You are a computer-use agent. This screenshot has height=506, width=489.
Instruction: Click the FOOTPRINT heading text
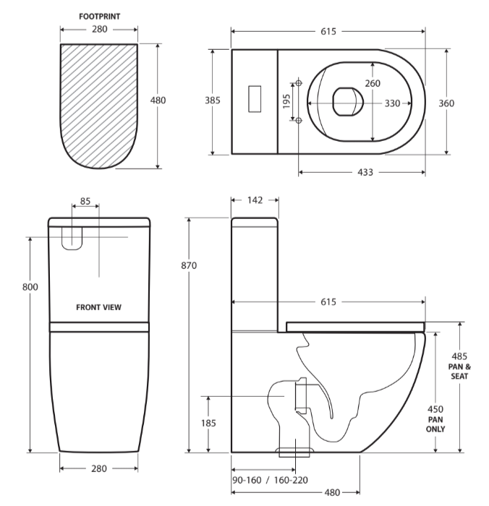coord(98,14)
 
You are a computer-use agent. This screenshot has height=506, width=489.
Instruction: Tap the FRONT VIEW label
coord(99,307)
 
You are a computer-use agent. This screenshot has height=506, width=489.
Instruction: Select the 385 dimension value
coord(213,100)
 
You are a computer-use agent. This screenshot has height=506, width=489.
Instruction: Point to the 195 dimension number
coord(287,101)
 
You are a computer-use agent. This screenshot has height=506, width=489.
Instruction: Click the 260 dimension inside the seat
coord(373,83)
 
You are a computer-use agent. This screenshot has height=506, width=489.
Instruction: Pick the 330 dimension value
coord(392,103)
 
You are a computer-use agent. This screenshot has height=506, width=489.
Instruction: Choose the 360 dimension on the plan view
coord(447,103)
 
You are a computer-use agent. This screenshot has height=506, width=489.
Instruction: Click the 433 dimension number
coord(365,173)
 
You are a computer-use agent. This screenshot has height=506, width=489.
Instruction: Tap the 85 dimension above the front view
coord(85,202)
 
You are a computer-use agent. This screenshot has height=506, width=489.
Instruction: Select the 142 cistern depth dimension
coord(254,200)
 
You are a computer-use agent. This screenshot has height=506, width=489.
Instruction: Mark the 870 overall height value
coord(189,265)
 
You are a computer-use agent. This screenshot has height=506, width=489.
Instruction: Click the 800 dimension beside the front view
coord(30,287)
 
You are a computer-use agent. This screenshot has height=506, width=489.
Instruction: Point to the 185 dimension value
coord(208,422)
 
